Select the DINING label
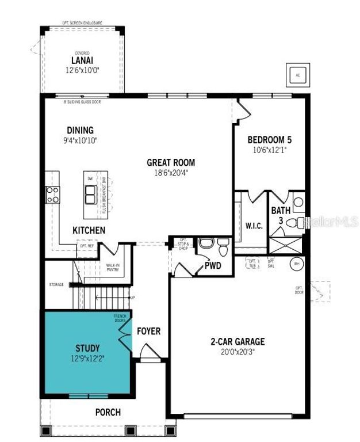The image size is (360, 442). (x=80, y=131)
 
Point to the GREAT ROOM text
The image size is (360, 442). (x=170, y=162)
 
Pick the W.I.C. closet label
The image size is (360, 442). (x=254, y=226)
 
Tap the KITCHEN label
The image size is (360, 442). (x=89, y=230)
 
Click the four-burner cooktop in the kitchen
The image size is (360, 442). (x=52, y=195)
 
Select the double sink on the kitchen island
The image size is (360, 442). (x=90, y=196)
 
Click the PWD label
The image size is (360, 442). (x=213, y=266)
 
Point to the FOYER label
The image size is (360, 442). (x=148, y=331)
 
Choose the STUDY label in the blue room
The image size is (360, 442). (x=87, y=348)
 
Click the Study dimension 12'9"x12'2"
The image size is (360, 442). (x=87, y=358)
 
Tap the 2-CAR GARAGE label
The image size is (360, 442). (x=238, y=341)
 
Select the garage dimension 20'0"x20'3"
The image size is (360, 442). (x=238, y=351)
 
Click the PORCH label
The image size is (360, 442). (x=108, y=412)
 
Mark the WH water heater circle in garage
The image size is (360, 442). (x=297, y=264)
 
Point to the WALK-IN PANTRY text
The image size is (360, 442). (x=113, y=268)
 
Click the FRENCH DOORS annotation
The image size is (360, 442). (x=120, y=318)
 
